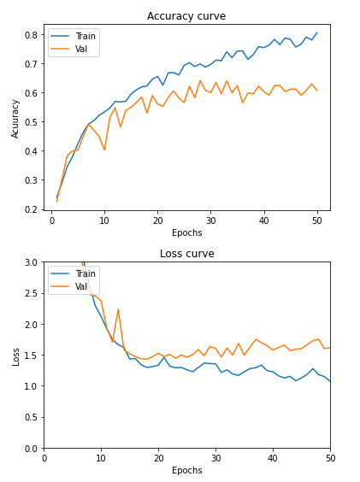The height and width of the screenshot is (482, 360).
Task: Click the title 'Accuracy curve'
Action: (186, 16)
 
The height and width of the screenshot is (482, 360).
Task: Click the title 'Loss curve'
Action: (186, 254)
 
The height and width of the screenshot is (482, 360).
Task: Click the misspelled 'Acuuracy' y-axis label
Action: (15, 118)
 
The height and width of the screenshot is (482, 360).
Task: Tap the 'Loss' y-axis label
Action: (15, 356)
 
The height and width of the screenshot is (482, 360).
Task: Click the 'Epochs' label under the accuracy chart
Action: (186, 232)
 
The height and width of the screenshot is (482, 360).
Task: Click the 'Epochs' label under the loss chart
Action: (186, 470)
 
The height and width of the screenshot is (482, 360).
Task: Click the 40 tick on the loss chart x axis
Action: (273, 456)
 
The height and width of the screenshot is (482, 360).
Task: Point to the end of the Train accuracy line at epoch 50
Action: (316, 33)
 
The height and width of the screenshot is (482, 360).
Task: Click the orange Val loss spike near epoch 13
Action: (118, 309)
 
